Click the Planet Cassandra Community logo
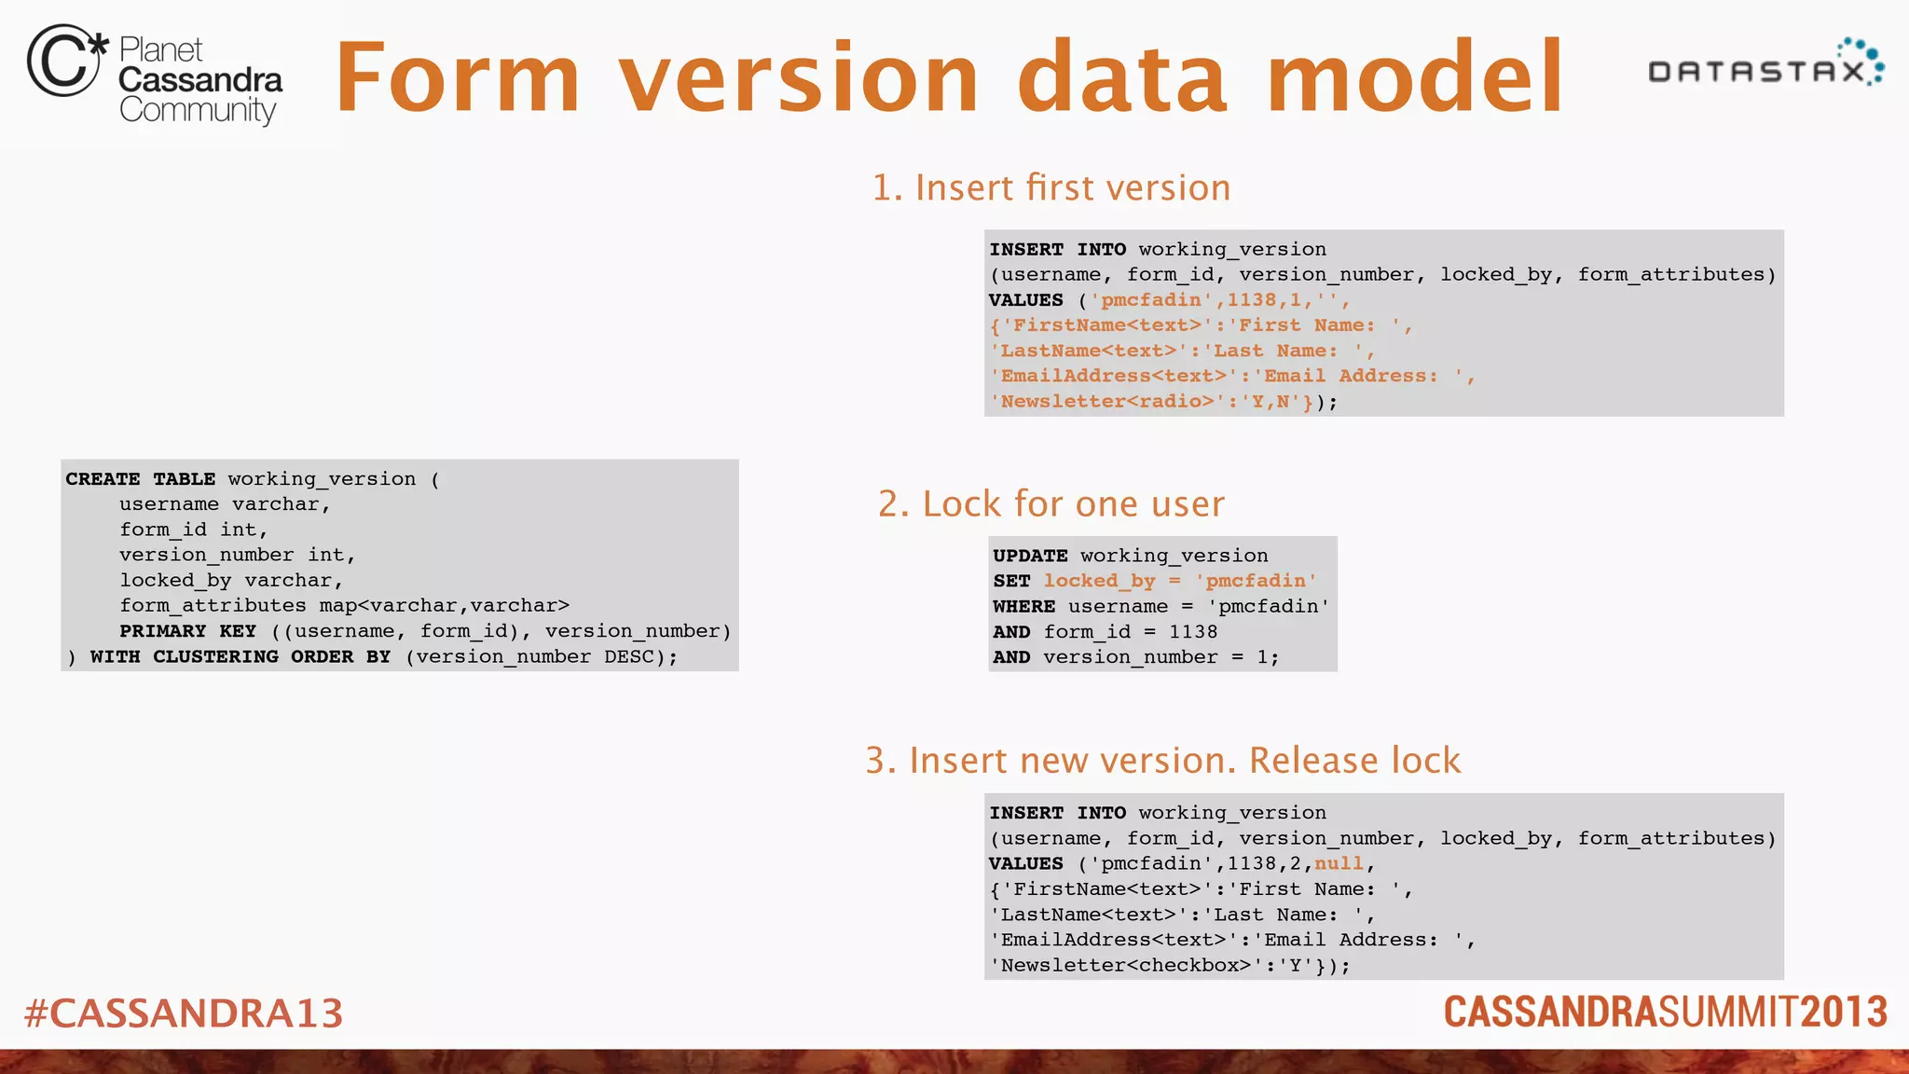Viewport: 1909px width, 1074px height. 155,75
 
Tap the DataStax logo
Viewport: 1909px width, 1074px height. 1765,65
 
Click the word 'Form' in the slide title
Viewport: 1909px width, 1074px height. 458,78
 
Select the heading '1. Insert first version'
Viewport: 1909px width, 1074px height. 1051,188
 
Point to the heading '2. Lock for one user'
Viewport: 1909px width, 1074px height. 1051,504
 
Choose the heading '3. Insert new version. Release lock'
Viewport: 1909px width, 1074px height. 1162,761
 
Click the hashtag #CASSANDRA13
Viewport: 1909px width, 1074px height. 184,1013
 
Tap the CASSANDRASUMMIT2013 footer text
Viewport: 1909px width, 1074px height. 1665,1012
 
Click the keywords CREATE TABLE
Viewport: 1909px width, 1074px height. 140,479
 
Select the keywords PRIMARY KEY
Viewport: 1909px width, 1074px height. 187,631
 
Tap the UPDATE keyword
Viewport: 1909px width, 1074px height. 1030,556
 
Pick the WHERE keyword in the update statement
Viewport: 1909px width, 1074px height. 1023,607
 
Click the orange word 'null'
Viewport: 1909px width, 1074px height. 1339,864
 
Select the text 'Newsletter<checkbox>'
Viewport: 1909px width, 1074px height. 1125,966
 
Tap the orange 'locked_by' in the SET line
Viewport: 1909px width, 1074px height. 1099,581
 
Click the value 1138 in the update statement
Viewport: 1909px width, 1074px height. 1193,632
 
